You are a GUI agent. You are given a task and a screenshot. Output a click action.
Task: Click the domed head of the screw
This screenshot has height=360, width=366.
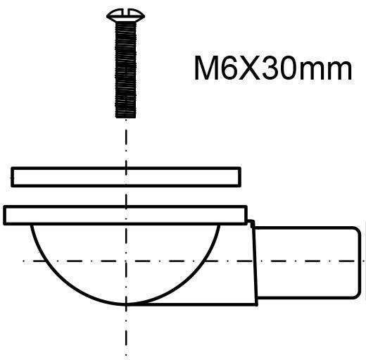125,16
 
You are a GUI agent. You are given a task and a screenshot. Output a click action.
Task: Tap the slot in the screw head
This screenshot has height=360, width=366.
125,13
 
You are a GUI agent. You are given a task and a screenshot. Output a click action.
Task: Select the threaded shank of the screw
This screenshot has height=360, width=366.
126,70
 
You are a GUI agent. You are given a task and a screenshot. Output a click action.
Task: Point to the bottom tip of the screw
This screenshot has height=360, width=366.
126,118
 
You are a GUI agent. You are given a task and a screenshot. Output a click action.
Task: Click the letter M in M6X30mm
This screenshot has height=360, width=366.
206,68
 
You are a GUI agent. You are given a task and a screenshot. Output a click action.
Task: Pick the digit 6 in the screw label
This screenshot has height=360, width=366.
229,68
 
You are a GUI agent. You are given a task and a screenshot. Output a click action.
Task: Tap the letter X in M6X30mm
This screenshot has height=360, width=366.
249,68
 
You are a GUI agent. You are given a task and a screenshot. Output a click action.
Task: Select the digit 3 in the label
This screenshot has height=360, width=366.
270,68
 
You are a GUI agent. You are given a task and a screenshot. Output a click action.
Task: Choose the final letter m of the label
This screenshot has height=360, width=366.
339,71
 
